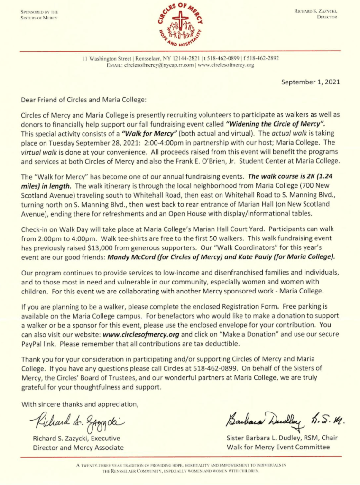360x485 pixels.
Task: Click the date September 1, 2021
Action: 311,82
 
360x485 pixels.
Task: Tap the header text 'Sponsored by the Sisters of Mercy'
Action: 39,15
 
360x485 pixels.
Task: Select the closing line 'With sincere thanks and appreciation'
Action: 80,404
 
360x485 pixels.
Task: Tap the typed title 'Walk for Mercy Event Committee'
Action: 277,447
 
